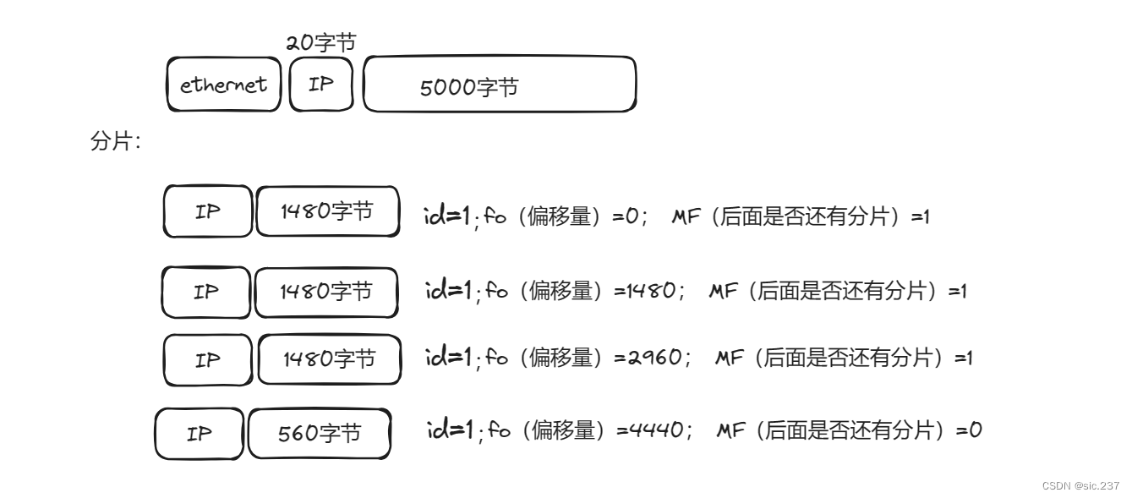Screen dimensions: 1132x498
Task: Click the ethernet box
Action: [223, 85]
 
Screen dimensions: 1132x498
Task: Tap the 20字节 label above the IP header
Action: [320, 42]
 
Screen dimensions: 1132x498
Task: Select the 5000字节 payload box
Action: [499, 85]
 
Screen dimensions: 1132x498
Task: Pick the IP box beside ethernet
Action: [320, 85]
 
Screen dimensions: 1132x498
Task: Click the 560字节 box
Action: [320, 434]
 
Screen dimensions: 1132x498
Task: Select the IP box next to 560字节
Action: [200, 434]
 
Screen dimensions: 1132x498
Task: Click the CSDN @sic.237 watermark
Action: [1080, 485]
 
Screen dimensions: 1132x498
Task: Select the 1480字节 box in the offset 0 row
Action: [327, 211]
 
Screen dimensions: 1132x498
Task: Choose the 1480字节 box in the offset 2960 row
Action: [329, 359]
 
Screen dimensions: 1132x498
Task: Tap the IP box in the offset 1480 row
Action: [206, 293]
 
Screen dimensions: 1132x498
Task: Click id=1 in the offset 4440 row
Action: [449, 430]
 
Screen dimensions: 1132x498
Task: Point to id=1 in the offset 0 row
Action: [446, 216]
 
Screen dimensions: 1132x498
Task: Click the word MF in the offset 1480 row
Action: [723, 291]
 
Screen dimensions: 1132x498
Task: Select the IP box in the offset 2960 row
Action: [208, 359]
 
